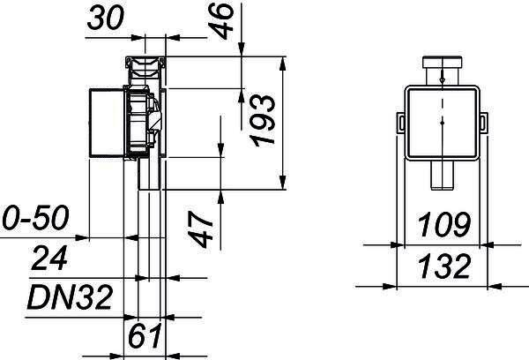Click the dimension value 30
click(x=106, y=18)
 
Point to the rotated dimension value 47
click(x=200, y=229)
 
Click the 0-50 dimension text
click(x=35, y=217)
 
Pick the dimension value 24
click(x=49, y=258)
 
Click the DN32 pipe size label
click(x=70, y=297)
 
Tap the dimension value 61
click(x=145, y=336)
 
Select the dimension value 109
click(x=443, y=224)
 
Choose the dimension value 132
click(x=444, y=266)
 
